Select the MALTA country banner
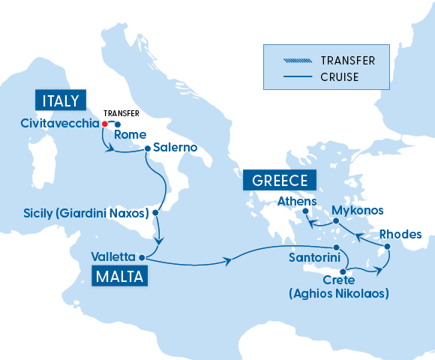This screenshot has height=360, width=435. [120, 276]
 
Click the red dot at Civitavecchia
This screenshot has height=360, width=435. [105, 123]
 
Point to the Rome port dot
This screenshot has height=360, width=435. [118, 124]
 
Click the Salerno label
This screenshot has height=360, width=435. [175, 148]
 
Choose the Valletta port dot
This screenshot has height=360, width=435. [142, 256]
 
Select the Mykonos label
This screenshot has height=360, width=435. [357, 210]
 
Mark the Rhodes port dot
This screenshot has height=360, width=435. [386, 247]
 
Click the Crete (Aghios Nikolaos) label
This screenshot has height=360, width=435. [339, 287]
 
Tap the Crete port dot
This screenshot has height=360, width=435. [343, 271]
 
